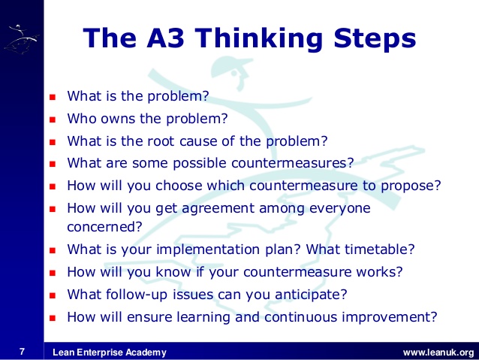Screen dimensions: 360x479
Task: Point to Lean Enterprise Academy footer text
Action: click(110, 352)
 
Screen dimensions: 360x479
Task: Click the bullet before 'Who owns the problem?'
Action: click(53, 119)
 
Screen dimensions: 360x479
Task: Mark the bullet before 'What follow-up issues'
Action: click(53, 295)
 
